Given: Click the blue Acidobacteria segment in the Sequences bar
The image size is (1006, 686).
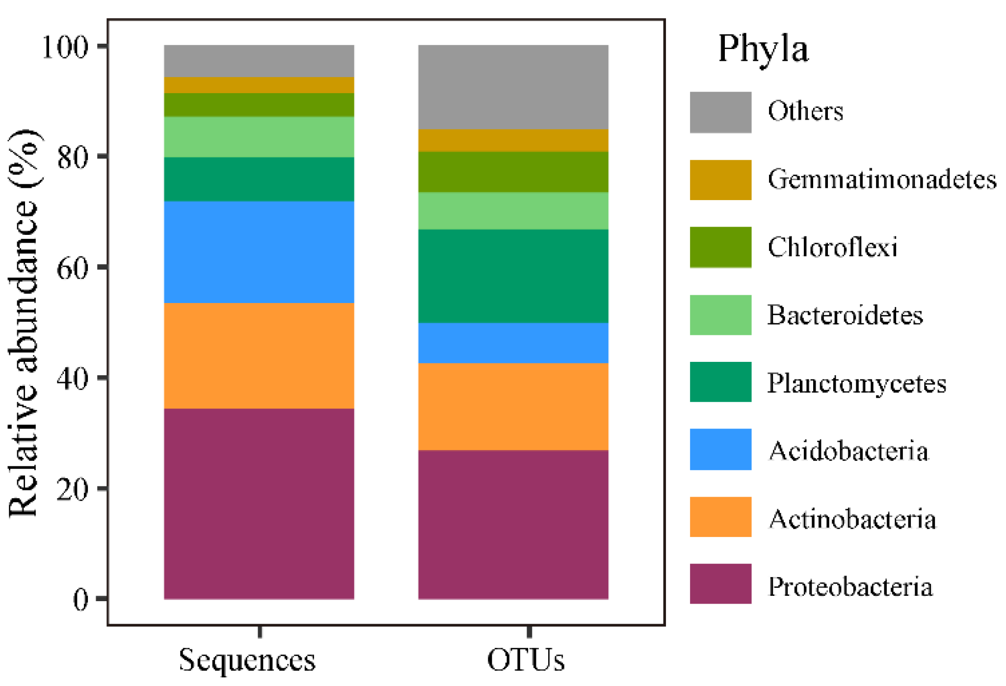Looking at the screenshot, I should pyautogui.click(x=259, y=252).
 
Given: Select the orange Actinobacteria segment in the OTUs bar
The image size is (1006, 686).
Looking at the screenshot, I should pyautogui.click(x=513, y=406).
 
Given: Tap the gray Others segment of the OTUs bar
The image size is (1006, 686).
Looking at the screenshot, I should pyautogui.click(x=513, y=87).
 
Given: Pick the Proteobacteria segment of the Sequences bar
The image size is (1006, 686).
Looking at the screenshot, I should pyautogui.click(x=259, y=503).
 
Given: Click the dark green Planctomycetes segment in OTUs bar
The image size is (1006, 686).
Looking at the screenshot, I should pyautogui.click(x=513, y=276).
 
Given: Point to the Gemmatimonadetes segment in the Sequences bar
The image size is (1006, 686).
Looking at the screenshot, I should pyautogui.click(x=259, y=85).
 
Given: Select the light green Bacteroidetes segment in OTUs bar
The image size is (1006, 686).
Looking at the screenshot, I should pyautogui.click(x=513, y=210).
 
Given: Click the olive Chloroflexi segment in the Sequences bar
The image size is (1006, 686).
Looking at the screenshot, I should pyautogui.click(x=259, y=104).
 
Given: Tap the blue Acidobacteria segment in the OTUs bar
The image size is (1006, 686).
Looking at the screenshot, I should pyautogui.click(x=513, y=343).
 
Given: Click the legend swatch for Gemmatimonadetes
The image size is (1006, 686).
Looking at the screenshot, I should pyautogui.click(x=720, y=179).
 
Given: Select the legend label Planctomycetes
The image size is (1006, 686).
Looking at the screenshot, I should pyautogui.click(x=856, y=383).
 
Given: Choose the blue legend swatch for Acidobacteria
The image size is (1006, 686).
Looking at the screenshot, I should pyautogui.click(x=720, y=449).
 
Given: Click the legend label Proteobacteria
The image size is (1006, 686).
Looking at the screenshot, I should pyautogui.click(x=850, y=586).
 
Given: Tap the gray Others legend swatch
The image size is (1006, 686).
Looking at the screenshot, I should pyautogui.click(x=720, y=112).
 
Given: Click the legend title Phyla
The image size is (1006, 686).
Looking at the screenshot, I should pyautogui.click(x=763, y=49).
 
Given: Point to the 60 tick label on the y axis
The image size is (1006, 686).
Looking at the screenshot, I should pyautogui.click(x=72, y=268).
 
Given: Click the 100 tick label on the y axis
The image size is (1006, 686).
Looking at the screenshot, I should pyautogui.click(x=65, y=48).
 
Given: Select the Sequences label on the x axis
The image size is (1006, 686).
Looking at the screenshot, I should pyautogui.click(x=247, y=660).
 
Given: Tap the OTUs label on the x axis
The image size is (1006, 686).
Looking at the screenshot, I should pyautogui.click(x=526, y=660).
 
